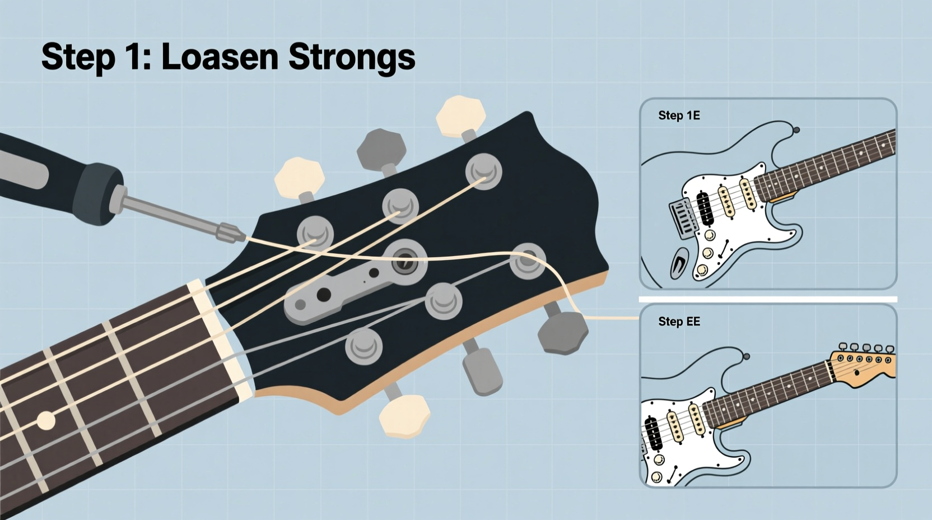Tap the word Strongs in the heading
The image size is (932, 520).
[351, 58]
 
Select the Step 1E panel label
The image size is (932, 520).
[679, 115]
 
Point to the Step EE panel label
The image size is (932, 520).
[679, 322]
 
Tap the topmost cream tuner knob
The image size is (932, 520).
[459, 117]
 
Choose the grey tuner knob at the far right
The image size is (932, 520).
[563, 332]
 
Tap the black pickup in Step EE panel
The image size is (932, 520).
[654, 433]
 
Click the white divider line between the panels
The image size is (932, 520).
[767, 299]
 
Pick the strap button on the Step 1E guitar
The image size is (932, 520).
[796, 130]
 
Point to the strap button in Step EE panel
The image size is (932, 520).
[746, 356]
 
